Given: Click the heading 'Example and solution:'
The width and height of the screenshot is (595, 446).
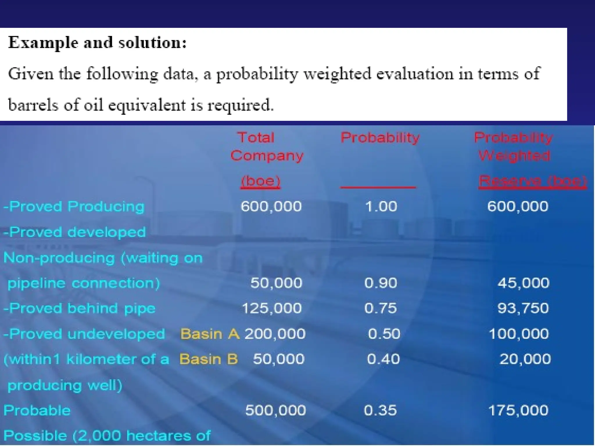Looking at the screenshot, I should tap(97, 43).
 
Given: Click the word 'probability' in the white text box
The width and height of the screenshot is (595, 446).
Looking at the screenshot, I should tap(257, 74).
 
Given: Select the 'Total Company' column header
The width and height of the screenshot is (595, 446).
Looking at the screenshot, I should tap(266, 147).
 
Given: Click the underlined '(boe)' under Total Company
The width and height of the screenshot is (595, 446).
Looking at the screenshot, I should tap(261, 181).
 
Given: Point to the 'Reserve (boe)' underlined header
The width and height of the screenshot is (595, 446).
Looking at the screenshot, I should tap(532, 181).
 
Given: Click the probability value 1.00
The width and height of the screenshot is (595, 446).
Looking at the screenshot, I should tap(381, 206).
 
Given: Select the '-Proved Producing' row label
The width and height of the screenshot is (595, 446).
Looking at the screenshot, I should tap(74, 206).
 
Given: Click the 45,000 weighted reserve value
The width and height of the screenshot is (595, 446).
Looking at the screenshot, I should tap(523, 283).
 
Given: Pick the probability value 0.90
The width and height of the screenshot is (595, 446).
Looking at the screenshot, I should tap(381, 283).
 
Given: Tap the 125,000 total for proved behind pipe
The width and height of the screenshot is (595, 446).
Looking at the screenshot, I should tap(272, 308).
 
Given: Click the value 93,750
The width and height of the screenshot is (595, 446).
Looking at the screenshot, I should tap(523, 308).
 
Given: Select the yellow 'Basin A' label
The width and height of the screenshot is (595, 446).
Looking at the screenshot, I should tap(210, 334).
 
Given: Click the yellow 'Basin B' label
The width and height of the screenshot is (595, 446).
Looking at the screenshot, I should tap(208, 359).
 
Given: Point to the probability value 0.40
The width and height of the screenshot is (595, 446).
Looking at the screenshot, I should tap(383, 359).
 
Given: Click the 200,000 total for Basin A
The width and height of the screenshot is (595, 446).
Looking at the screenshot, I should tap(275, 334).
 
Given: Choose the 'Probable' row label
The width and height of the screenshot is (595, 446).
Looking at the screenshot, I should tap(37, 411).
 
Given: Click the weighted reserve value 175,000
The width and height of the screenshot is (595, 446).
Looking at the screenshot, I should tap(518, 411).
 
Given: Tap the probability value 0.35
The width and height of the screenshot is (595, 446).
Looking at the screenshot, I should tap(380, 411).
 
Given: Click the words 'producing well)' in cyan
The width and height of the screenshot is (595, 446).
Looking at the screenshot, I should tap(64, 385).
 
